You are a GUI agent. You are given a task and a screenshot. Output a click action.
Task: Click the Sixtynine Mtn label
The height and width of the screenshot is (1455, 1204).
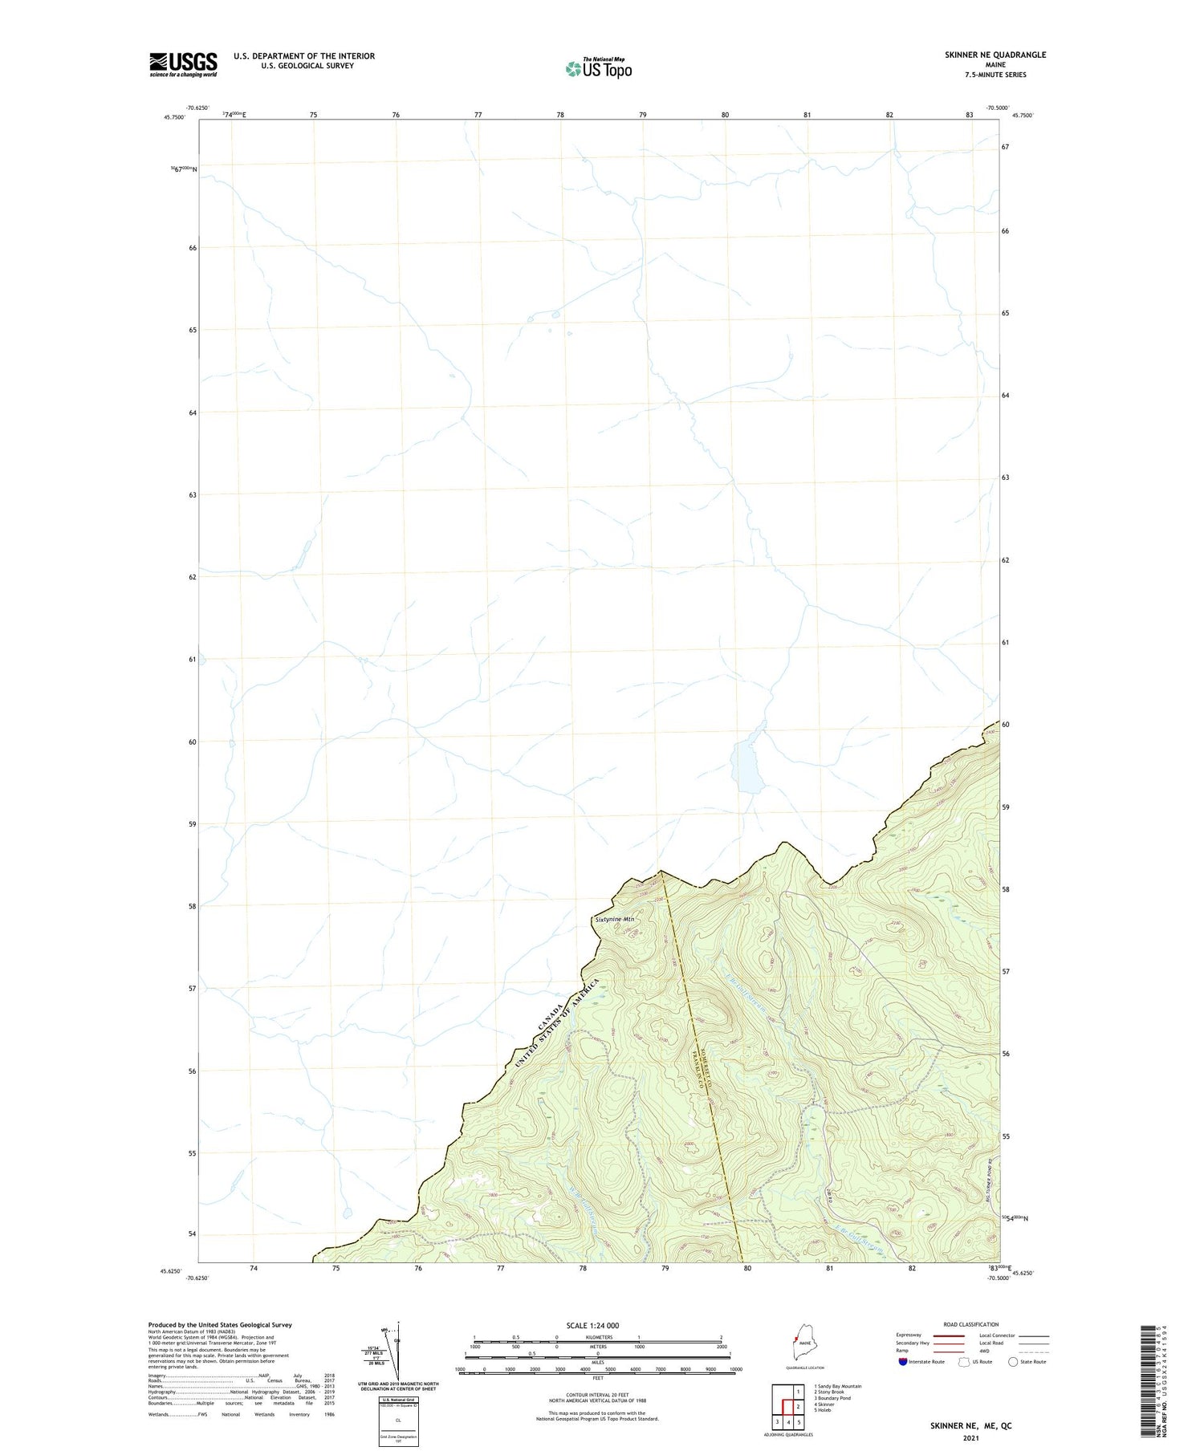point(614,919)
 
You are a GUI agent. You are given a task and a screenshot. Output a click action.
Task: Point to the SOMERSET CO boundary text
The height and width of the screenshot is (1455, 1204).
point(697,1063)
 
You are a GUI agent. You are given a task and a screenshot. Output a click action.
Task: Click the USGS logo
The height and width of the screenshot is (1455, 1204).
point(183,64)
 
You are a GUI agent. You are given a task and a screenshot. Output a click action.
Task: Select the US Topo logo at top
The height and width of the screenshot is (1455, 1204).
point(598,69)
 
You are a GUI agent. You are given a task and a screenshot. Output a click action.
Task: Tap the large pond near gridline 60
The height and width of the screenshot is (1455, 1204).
point(746,766)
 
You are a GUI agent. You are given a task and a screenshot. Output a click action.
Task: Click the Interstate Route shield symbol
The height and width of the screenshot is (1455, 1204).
point(903,1362)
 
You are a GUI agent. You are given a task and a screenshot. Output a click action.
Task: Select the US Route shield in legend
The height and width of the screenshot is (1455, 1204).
point(964,1362)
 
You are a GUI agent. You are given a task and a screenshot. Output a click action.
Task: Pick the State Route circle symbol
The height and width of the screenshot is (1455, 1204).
point(1013,1362)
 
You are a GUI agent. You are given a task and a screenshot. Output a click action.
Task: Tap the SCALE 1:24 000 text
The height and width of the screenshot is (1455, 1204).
point(597,1325)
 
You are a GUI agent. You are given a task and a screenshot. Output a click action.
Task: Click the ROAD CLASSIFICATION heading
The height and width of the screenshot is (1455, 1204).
point(971,1324)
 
